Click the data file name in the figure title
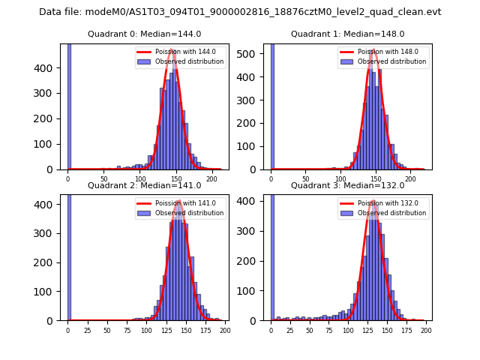point(240,12)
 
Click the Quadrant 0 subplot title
point(144,34)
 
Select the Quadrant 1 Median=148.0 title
point(347,34)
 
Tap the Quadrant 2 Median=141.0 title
point(144,185)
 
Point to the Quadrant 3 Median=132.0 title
point(347,185)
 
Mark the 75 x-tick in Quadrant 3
point(328,330)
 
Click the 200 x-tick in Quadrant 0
point(212,178)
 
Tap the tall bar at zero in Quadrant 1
point(271,105)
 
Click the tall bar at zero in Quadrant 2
point(69,255)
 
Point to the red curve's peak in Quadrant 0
point(172,50)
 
